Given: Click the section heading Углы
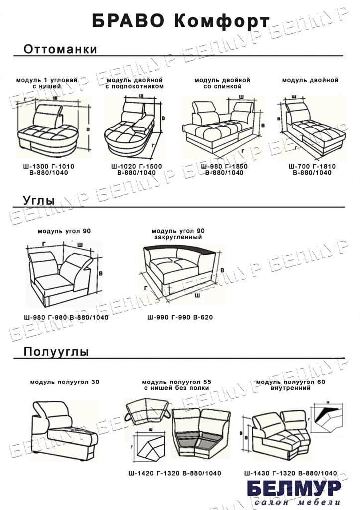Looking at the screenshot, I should coord(39,201).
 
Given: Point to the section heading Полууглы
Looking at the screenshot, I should coord(56,352).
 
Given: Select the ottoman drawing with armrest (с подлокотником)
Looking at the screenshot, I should coord(132,127).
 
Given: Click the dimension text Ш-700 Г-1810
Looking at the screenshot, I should coord(312,166).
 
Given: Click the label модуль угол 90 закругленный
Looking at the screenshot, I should coord(178,234).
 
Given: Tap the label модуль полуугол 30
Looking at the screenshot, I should coord(65,382).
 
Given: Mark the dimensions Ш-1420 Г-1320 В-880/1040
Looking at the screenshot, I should coord(175,473).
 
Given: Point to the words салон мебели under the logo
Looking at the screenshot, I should coord(297,502).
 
